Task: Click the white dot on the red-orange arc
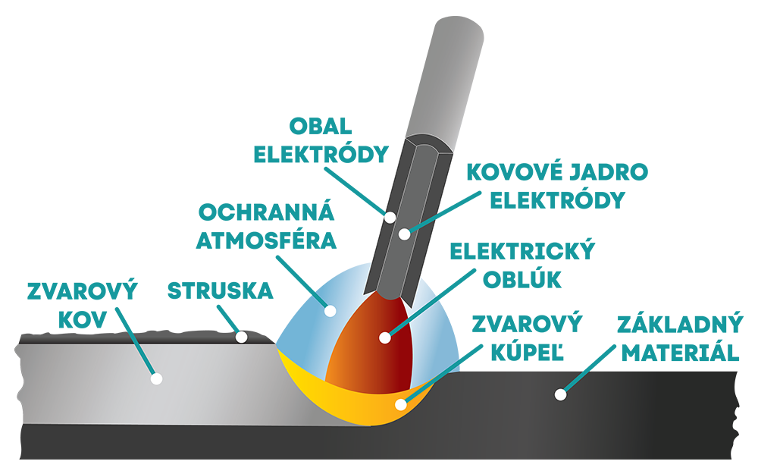[x=385, y=337]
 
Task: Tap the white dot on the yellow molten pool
[x=401, y=404]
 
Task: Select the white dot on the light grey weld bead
[x=156, y=378]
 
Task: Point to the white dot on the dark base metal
[x=560, y=394]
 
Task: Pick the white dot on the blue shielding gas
[x=330, y=310]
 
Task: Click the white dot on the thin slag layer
[x=241, y=337]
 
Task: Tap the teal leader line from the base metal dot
[x=572, y=384]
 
